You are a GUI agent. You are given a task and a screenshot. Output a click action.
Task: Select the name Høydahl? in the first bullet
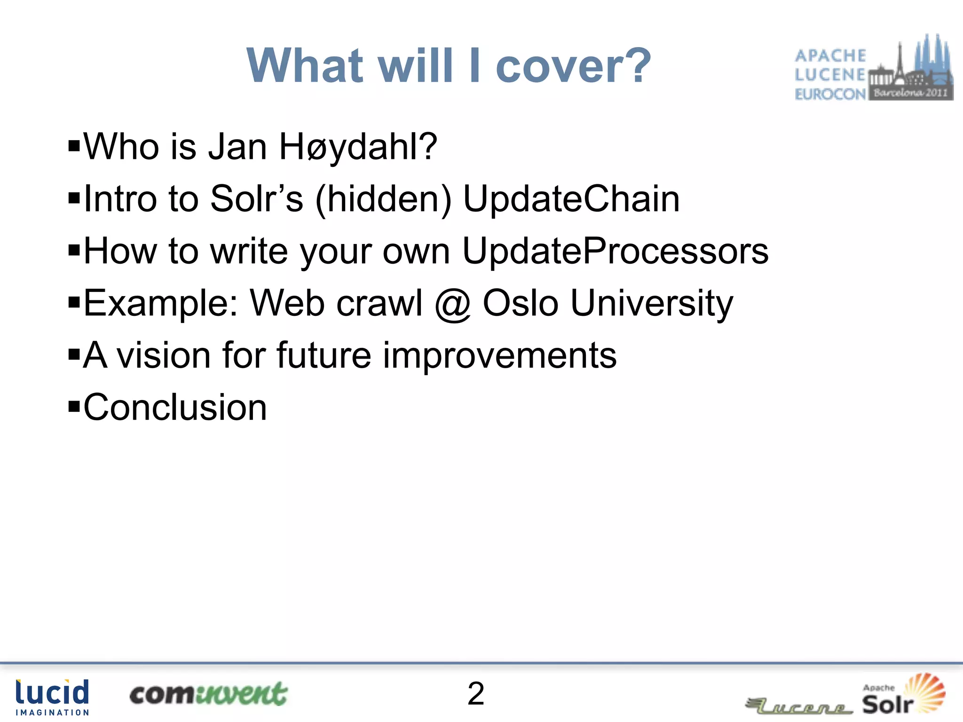point(358,147)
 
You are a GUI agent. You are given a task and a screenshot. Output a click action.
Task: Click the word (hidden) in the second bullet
point(383,199)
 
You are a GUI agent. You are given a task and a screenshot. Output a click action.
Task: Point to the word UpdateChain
point(571,199)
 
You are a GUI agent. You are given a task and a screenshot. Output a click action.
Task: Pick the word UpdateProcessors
point(615,251)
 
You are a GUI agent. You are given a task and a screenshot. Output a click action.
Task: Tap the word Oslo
point(521,303)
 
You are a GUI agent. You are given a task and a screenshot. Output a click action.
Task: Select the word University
point(652,304)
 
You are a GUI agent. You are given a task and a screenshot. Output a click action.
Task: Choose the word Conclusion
point(175,408)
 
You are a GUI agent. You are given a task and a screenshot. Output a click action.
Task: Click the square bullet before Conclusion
point(74,405)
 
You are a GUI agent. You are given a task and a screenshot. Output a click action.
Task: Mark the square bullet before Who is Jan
point(74,145)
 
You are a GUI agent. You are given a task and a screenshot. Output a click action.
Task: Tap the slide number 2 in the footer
point(476,693)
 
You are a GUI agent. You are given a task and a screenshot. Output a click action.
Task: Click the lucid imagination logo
point(52,697)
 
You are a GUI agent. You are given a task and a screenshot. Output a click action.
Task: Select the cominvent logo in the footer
point(208,694)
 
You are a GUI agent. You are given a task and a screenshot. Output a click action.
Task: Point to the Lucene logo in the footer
point(799,706)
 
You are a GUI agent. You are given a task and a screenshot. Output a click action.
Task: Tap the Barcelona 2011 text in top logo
point(910,93)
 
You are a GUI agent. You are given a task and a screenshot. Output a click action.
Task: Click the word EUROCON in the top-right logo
point(830,94)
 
